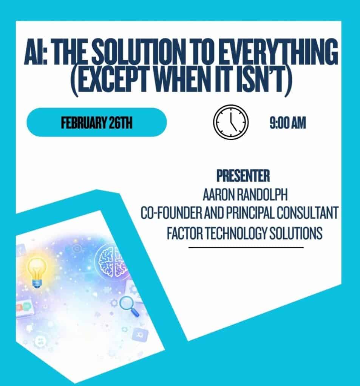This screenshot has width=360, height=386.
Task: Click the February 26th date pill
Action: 97,123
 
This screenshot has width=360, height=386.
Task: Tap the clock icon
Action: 231,122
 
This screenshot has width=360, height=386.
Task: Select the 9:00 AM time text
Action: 288,123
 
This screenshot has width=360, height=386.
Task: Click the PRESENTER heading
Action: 243,176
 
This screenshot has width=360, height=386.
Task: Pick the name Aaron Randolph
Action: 245,195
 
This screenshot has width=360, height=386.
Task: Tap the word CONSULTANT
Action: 307,213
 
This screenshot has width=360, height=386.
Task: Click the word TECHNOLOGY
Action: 236,233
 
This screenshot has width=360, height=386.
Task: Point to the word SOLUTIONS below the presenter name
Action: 296,233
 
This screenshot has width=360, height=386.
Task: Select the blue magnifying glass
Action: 129,306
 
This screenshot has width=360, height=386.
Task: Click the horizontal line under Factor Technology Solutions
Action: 246,247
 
